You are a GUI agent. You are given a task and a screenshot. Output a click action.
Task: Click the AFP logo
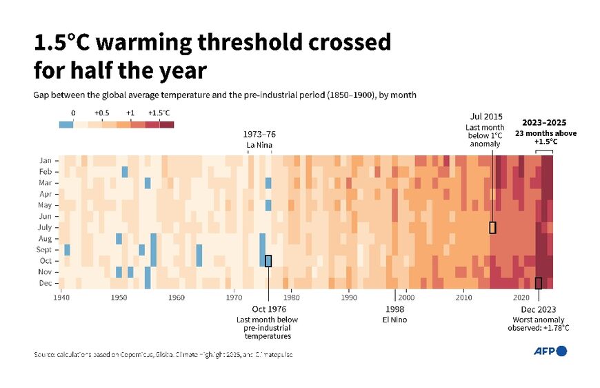(550, 351)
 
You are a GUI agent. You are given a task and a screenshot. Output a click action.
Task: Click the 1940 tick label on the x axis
(61, 298)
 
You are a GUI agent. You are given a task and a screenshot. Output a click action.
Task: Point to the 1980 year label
(291, 298)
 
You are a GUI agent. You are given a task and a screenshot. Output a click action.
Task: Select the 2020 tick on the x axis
(521, 298)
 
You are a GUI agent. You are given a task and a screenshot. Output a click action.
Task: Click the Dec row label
(47, 283)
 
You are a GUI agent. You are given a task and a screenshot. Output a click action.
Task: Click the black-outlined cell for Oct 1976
(268, 261)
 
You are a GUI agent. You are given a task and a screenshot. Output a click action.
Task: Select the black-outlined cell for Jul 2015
(492, 227)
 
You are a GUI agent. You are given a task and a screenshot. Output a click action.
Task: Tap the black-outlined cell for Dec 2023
(539, 283)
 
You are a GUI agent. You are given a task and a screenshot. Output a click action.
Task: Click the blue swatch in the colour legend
(66, 124)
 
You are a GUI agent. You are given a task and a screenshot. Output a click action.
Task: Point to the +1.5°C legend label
(159, 113)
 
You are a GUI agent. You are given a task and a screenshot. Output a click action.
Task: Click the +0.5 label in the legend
(101, 113)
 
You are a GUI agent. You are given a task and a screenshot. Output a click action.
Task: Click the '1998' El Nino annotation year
(395, 309)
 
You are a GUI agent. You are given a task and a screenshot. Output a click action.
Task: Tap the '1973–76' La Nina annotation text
(259, 134)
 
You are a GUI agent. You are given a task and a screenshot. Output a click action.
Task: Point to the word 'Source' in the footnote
(45, 354)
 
